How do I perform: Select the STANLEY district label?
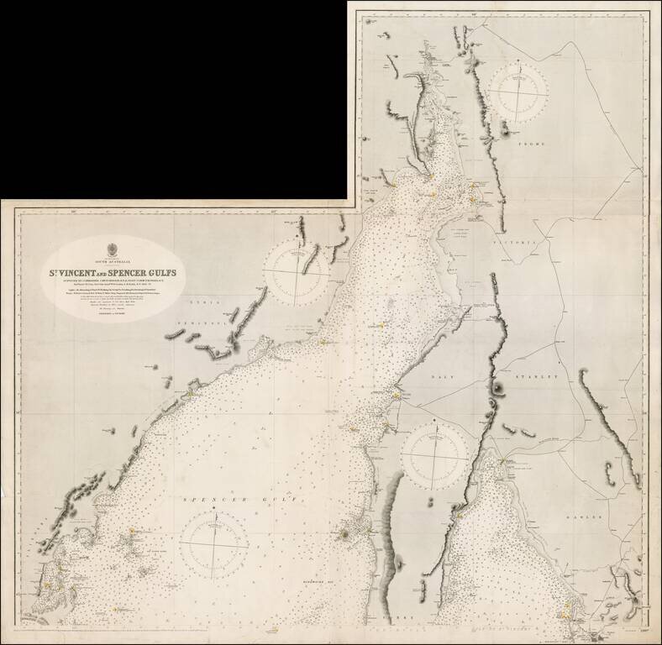tap(536, 378)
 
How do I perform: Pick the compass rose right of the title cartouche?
tap(296, 272)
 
